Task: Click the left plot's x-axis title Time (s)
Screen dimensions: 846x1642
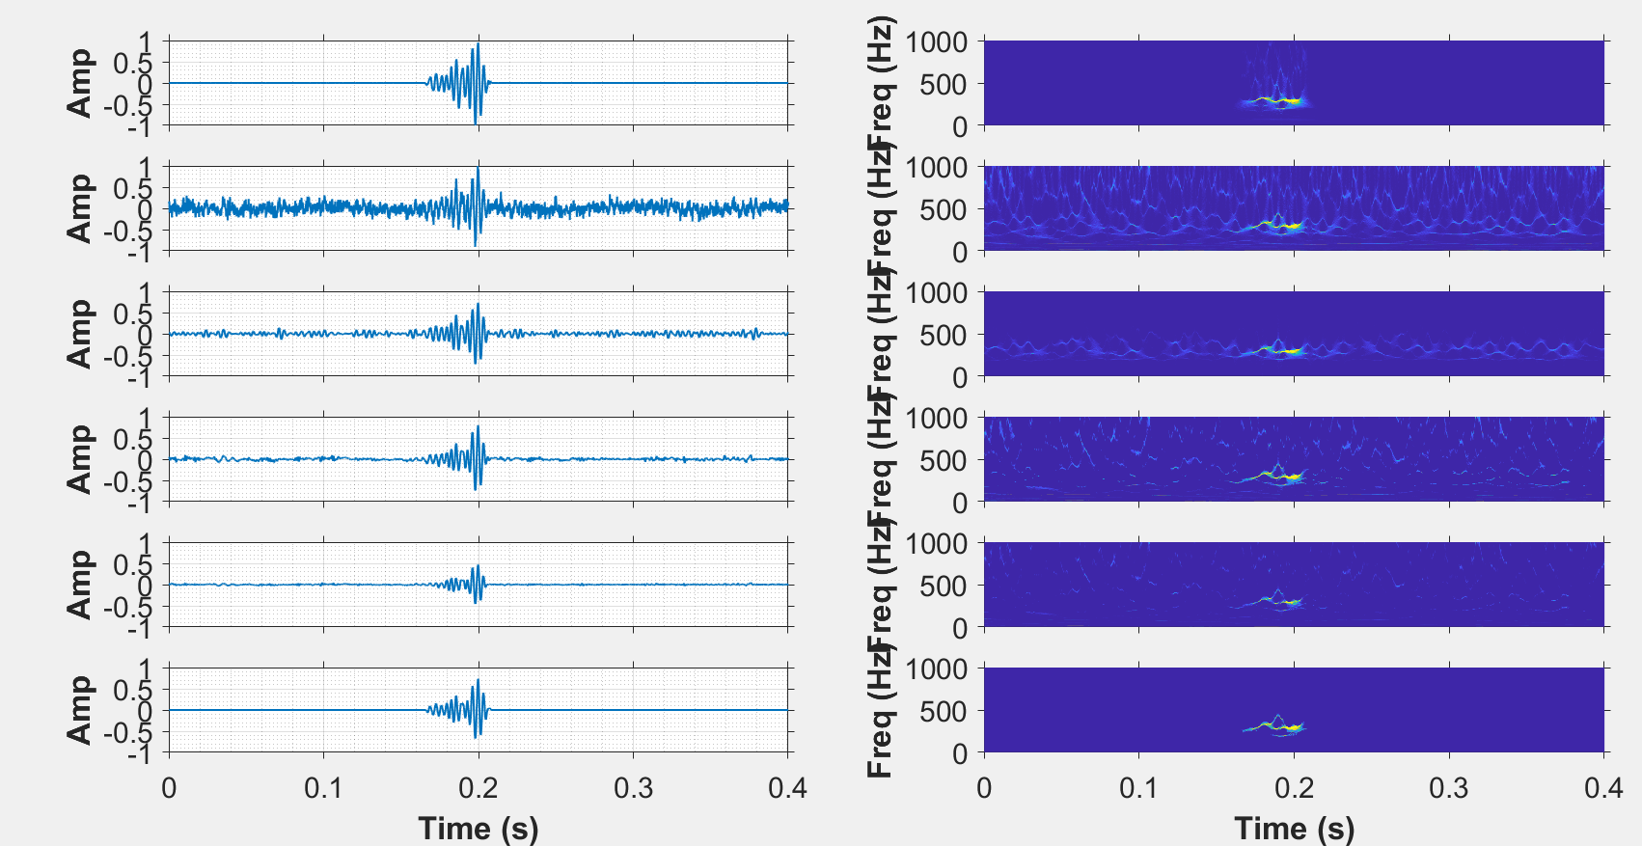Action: (x=478, y=828)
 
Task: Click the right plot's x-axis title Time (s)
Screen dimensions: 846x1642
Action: (x=1294, y=828)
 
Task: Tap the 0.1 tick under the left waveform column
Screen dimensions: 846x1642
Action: (x=323, y=788)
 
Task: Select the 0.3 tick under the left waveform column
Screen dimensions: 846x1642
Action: (x=633, y=788)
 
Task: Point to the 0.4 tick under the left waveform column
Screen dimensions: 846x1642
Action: (x=787, y=788)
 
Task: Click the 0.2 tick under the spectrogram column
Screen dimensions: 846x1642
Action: (x=1294, y=788)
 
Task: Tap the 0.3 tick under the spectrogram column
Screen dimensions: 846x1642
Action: (x=1448, y=788)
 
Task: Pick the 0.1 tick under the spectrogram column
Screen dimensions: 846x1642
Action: (x=1138, y=788)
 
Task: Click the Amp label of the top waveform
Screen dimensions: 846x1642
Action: (x=79, y=83)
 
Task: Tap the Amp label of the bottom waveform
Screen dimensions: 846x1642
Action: (x=79, y=710)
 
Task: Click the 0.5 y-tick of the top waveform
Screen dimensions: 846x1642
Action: (x=132, y=64)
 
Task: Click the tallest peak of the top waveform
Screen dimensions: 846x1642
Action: (x=478, y=44)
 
